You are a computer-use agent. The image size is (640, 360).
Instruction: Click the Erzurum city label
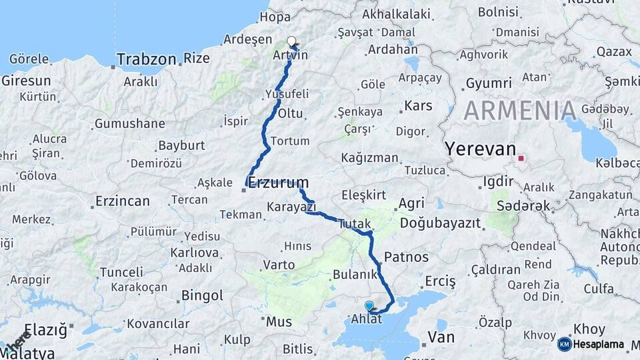pyautogui.click(x=279, y=183)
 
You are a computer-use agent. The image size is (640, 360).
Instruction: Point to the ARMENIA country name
pyautogui.click(x=520, y=111)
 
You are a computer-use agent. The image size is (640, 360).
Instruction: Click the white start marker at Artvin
pyautogui.click(x=291, y=41)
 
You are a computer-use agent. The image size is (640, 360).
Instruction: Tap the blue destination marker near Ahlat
pyautogui.click(x=369, y=305)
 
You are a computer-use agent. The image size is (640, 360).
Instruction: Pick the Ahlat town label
pyautogui.click(x=367, y=319)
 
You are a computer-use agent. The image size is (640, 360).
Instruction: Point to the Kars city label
pyautogui.click(x=419, y=106)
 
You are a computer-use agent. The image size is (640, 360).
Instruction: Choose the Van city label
pyautogui.click(x=441, y=337)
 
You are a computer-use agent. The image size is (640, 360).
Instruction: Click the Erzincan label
pyautogui.click(x=123, y=201)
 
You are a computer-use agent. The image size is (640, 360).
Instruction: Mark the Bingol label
pyautogui.click(x=202, y=295)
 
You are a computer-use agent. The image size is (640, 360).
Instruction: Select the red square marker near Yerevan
pyautogui.click(x=521, y=159)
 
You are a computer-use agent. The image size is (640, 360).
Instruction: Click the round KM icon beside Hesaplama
pyautogui.click(x=565, y=344)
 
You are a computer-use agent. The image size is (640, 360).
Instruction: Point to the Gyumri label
pyautogui.click(x=488, y=83)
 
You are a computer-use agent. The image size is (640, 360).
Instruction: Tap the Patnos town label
pyautogui.click(x=407, y=257)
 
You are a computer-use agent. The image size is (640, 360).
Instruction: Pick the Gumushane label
pyautogui.click(x=129, y=123)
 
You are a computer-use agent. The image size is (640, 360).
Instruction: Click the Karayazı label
pyautogui.click(x=291, y=207)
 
